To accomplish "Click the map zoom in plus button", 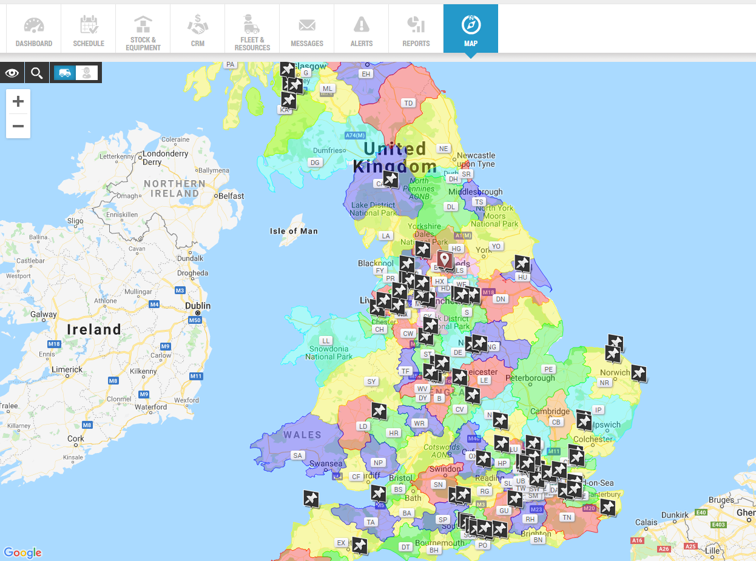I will tap(18, 101).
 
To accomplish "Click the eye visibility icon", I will tap(12, 73).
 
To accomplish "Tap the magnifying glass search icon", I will tap(37, 73).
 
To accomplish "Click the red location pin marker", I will tap(445, 261).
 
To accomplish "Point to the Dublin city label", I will tap(198, 306).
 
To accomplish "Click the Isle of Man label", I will tap(294, 231).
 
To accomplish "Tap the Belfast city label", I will tap(231, 196).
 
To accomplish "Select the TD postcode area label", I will tap(408, 103).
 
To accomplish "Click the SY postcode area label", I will tap(371, 381).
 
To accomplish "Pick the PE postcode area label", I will tap(549, 369).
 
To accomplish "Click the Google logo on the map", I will tap(22, 553).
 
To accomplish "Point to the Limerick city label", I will tap(67, 369).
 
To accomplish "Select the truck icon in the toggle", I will tap(64, 73).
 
